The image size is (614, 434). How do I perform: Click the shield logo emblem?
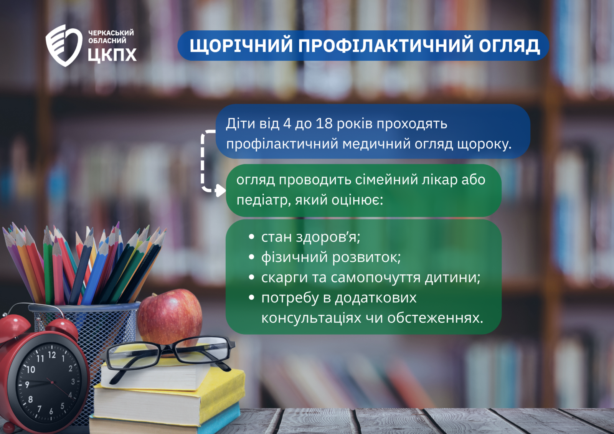click(64, 46)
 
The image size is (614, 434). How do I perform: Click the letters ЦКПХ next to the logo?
click(112, 55)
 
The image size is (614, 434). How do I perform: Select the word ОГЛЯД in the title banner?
click(509, 46)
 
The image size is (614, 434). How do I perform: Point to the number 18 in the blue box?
click(324, 124)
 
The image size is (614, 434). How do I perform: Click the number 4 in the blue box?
click(287, 124)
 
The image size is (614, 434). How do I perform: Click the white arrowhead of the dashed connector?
click(220, 190)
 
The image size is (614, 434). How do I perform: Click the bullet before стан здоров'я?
click(252, 237)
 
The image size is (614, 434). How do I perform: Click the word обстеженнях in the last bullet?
click(435, 318)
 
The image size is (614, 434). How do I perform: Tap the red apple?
click(170, 319)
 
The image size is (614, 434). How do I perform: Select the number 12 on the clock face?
click(52, 355)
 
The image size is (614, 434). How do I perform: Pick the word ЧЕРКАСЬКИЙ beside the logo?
click(111, 33)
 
